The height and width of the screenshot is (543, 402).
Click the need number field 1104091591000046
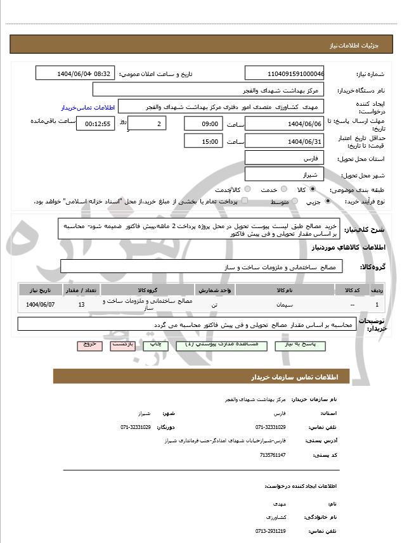click(284, 73)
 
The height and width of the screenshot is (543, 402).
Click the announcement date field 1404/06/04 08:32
click(75, 73)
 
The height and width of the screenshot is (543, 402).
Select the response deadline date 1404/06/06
click(284, 124)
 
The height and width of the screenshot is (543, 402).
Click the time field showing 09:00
click(204, 124)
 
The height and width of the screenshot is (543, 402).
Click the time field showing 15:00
click(204, 141)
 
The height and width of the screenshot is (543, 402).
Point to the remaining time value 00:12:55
click(96, 124)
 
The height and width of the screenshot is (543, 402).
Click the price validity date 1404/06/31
click(284, 141)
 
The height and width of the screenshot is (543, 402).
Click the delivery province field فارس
click(284, 158)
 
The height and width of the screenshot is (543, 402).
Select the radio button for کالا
click(313, 189)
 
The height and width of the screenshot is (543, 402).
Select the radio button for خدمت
click(283, 189)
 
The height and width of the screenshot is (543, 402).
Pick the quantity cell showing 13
click(81, 305)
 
